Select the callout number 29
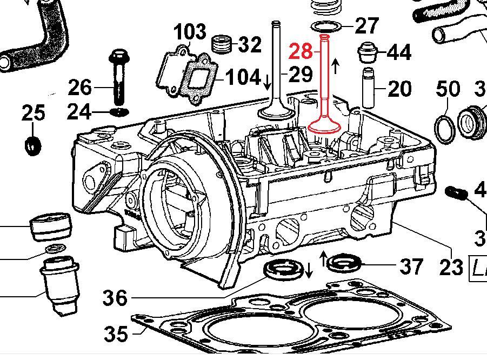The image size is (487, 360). point(301,74)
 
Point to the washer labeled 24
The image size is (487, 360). point(119,111)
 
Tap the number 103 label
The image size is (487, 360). point(190,32)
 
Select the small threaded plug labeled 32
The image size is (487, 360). point(221,44)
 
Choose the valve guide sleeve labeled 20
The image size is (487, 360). point(369,88)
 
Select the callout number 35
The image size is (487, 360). point(115,334)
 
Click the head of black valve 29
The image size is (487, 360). point(276,112)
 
